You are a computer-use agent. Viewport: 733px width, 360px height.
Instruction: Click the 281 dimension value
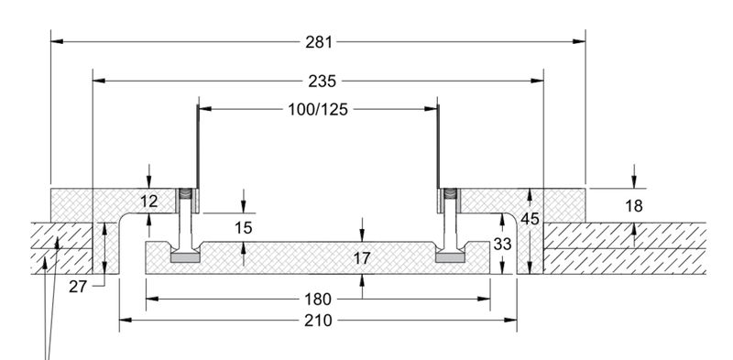319,42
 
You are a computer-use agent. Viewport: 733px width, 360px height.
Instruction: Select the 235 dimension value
323,82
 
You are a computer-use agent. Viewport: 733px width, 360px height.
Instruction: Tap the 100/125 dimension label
318,109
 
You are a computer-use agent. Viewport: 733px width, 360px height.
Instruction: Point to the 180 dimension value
318,299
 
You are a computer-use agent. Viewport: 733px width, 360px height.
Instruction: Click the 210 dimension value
318,321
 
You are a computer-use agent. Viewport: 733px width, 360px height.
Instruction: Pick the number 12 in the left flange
149,202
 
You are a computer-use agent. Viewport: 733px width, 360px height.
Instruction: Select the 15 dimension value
243,228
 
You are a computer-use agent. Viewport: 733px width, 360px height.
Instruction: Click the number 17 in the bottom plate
361,258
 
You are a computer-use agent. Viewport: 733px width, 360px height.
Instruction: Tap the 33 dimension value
502,244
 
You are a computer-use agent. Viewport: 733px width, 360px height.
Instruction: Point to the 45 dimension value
531,219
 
